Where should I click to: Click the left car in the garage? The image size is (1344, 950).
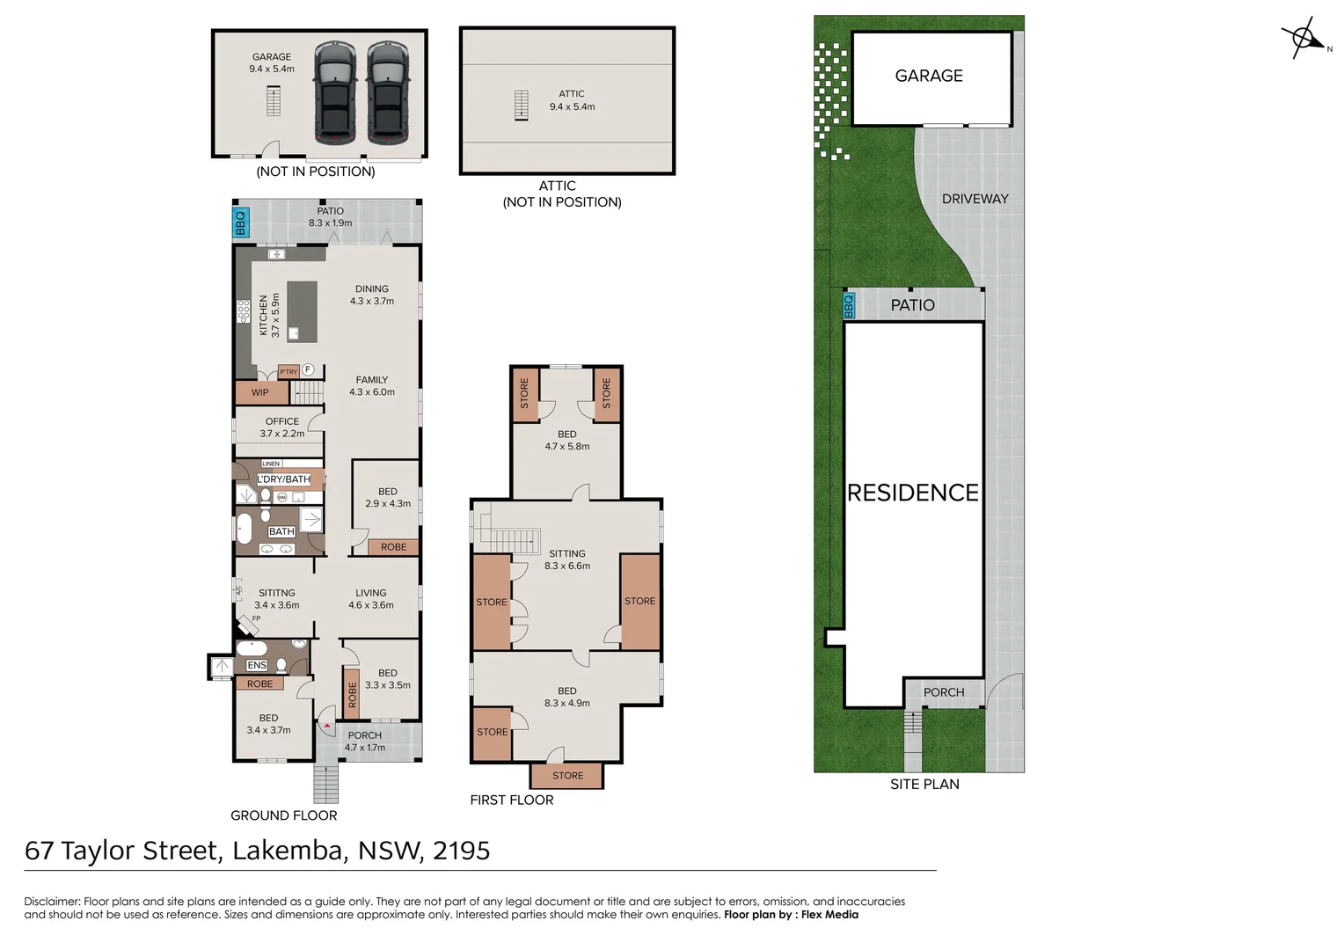(334, 92)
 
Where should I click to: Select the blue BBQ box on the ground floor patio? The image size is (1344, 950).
(240, 223)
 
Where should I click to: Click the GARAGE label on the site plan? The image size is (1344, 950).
(929, 77)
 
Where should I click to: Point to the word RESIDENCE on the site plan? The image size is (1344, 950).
(912, 493)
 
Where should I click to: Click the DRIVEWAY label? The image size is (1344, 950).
(975, 199)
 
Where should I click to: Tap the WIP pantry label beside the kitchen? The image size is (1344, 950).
(259, 392)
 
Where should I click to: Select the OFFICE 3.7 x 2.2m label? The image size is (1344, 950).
(282, 427)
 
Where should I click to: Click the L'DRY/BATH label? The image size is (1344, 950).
(283, 479)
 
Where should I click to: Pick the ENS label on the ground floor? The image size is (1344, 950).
(257, 665)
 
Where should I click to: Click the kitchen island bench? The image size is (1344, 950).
(302, 311)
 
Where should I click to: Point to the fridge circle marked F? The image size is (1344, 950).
(309, 369)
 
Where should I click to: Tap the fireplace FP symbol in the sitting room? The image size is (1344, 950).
(247, 624)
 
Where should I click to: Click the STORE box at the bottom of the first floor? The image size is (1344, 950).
(567, 776)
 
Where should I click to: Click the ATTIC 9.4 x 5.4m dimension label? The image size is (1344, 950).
(572, 100)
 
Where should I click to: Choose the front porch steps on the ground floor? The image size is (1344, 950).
(325, 783)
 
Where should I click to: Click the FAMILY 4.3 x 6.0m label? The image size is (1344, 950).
(372, 386)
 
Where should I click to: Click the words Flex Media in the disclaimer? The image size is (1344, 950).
(829, 915)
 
